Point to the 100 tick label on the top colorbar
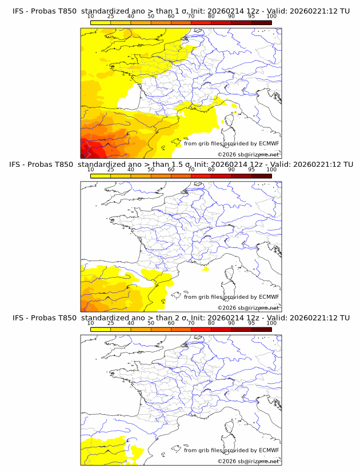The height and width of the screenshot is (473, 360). coord(271,16)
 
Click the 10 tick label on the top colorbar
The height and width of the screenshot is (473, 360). coord(91,16)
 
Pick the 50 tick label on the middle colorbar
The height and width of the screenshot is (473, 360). coord(151,170)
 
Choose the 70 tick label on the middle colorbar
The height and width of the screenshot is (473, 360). coord(191,170)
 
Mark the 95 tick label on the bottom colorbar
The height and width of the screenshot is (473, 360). coord(251,323)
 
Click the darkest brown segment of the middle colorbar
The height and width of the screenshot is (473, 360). coord(261,175)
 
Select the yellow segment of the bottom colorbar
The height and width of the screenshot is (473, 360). coord(101,330)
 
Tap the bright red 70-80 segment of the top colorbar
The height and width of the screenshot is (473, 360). coord(201,22)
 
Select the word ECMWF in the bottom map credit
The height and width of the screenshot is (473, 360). coord(269,450)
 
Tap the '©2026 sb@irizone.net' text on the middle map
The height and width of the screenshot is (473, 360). coord(249,307)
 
